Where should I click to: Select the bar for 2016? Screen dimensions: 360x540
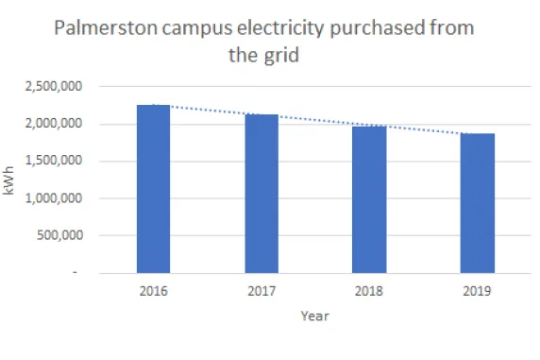[x=153, y=189]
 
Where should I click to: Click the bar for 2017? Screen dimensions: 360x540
[x=262, y=194]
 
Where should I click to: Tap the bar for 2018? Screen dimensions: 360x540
[x=369, y=199]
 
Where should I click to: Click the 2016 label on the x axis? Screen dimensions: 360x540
[x=153, y=291]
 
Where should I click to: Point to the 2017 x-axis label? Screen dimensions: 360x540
[x=262, y=291]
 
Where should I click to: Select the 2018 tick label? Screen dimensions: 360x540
[x=369, y=291]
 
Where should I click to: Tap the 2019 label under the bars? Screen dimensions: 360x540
[x=478, y=291]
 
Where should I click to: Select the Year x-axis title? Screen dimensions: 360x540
[x=314, y=317]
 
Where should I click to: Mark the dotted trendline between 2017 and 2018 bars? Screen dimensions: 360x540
[x=315, y=121]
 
